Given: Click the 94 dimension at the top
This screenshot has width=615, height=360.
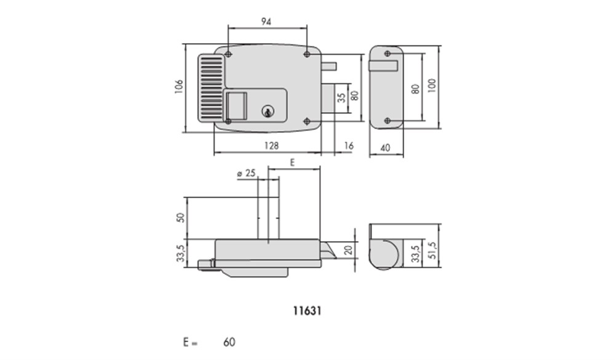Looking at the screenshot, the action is [266, 22].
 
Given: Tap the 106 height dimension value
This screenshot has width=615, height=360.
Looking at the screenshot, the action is [179, 87].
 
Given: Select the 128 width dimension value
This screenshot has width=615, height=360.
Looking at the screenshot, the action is [271, 146].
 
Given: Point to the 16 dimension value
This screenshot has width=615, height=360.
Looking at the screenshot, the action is [349, 146].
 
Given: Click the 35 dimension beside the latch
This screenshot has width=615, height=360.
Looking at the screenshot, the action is [341, 98].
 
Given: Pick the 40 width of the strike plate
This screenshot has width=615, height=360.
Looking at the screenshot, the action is [385, 148].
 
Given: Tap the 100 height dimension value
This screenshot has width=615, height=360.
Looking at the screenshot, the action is [432, 86].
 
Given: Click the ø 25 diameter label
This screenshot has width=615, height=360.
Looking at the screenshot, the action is [247, 173].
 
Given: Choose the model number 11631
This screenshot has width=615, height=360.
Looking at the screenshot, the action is [307, 311].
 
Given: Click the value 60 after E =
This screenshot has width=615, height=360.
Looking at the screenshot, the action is [229, 342].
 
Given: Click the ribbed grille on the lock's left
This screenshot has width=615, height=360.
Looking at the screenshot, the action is [212, 87].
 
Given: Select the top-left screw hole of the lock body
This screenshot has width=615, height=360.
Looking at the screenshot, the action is [229, 54].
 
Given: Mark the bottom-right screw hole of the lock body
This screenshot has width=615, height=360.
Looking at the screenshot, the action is [307, 121].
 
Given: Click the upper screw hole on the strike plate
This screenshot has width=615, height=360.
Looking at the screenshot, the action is [387, 54].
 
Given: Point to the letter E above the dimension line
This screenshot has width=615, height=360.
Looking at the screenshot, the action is [292, 162].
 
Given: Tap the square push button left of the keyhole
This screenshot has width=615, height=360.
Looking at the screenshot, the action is [237, 105].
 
